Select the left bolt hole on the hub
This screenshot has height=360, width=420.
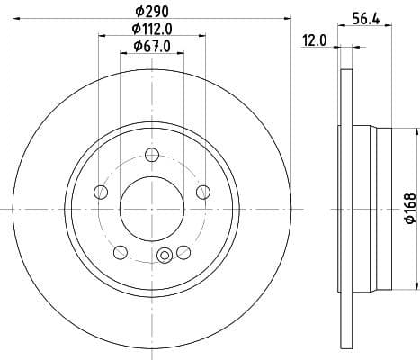coord(100,191)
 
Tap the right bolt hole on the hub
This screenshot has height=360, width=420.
coord(202,191)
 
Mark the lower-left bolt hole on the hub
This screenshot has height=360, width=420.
coord(120,251)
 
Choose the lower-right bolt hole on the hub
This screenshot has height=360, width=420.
coord(183,251)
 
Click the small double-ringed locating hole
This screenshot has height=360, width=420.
coord(164,256)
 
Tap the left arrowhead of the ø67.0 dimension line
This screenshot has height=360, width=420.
coord(123,54)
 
